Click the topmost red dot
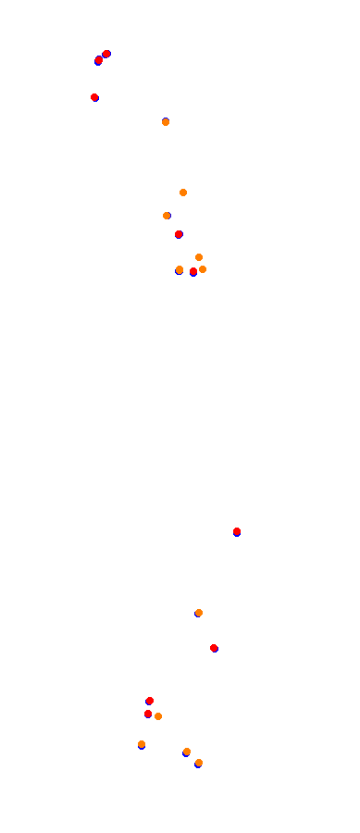point(106,54)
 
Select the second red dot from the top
point(99,60)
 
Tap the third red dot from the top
point(94,97)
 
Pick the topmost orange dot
point(166,122)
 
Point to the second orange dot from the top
point(183,193)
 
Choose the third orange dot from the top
point(167,216)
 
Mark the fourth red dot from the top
point(179,234)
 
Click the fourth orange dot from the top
point(199,257)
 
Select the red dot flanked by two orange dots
point(193,271)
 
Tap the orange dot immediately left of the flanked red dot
point(180,269)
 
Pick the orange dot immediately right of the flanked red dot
point(203,269)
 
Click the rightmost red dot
point(237,531)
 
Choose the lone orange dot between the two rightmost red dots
point(199,613)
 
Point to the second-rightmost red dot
point(214,648)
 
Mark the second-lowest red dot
point(150,701)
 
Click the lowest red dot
point(148,714)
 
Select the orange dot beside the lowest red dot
point(158,716)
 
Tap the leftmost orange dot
point(142,744)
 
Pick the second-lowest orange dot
point(187,752)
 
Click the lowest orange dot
point(199,763)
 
